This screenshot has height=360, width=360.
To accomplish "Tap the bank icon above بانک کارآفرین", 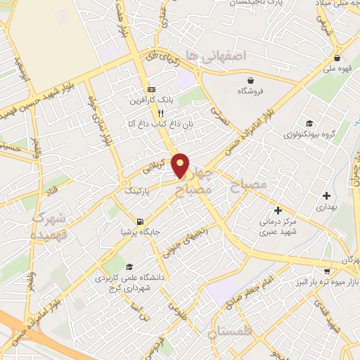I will (151, 89).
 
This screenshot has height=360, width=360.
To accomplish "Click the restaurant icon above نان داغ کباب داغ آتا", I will (161, 112).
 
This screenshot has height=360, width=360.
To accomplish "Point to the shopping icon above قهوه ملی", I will (337, 58).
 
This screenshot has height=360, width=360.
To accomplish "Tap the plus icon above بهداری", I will (326, 195).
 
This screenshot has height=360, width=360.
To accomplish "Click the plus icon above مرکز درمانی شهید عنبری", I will (278, 210).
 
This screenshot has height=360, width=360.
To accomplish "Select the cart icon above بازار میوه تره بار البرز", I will (326, 270).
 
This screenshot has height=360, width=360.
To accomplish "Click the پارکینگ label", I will (138, 191).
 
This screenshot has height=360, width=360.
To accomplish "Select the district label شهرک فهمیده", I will (49, 225).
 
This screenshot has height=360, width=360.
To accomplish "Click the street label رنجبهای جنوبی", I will (181, 236).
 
